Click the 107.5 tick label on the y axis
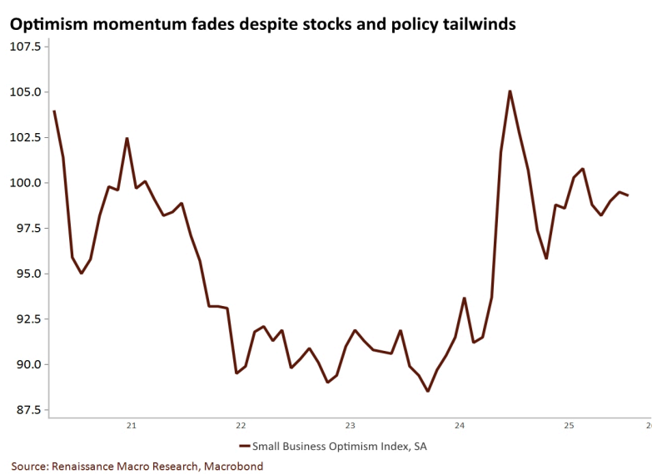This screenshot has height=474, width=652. click(x=25, y=47)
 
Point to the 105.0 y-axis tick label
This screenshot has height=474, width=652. click(x=25, y=92)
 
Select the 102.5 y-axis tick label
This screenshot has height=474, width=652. click(x=25, y=137)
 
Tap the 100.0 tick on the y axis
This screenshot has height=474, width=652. click(x=25, y=183)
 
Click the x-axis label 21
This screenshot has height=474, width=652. click(x=131, y=426)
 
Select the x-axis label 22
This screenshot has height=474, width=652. click(x=240, y=426)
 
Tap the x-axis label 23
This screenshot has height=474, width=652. click(x=350, y=426)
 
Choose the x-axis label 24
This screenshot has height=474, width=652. click(x=460, y=426)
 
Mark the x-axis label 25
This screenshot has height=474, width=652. click(x=570, y=426)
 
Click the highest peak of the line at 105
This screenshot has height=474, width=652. click(x=510, y=91)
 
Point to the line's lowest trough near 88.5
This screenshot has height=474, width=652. click(x=427, y=391)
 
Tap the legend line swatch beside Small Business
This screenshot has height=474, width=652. click(x=244, y=447)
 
